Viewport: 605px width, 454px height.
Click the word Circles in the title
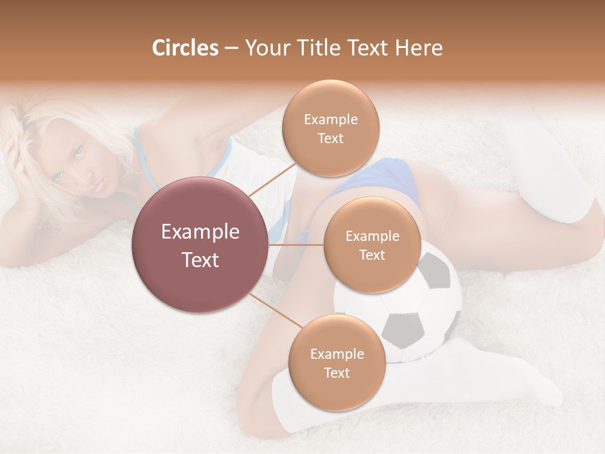pyautogui.click(x=185, y=48)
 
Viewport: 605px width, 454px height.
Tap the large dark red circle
pyautogui.click(x=200, y=245)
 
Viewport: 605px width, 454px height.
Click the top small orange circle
pyautogui.click(x=330, y=128)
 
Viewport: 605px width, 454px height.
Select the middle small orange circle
pyautogui.click(x=372, y=245)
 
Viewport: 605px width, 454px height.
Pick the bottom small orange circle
pyautogui.click(x=337, y=363)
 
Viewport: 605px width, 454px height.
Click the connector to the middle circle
pyautogui.click(x=296, y=245)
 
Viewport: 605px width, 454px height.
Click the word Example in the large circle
pyautogui.click(x=200, y=232)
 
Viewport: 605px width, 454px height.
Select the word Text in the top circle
pyautogui.click(x=330, y=138)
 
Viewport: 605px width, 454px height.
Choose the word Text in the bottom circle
pyautogui.click(x=337, y=373)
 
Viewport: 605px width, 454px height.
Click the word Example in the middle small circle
pyautogui.click(x=372, y=236)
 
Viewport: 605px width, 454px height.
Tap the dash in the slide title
pyautogui.click(x=231, y=48)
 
